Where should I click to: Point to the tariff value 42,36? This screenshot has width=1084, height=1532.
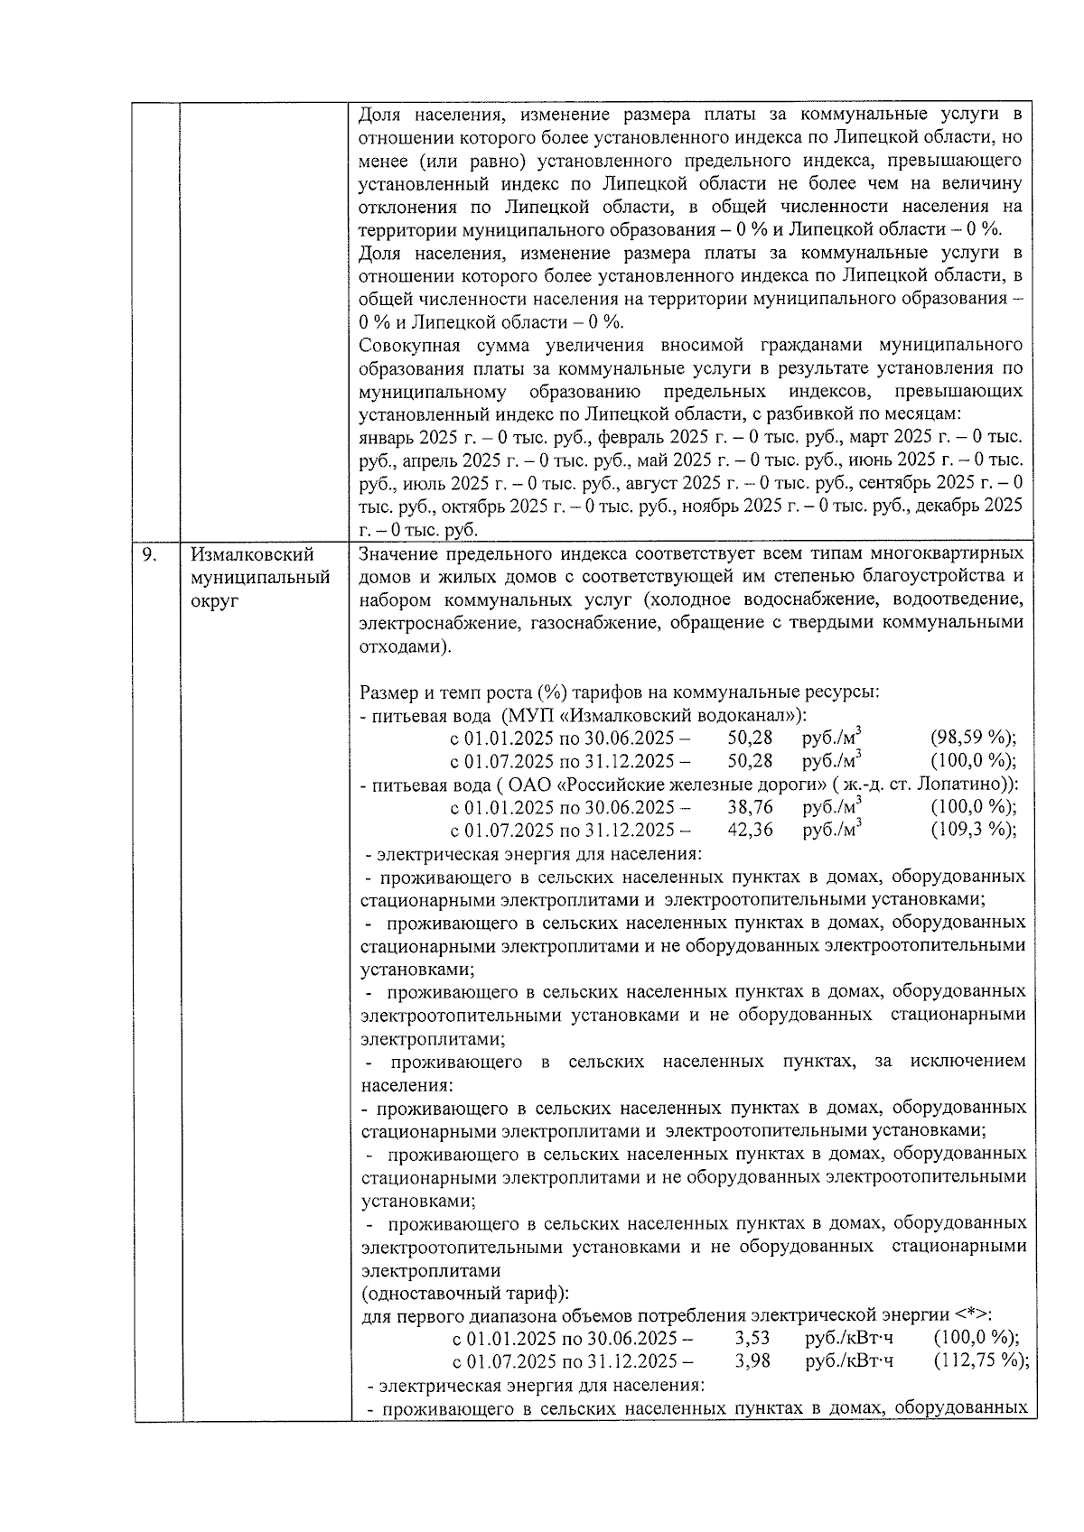[750, 830]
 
